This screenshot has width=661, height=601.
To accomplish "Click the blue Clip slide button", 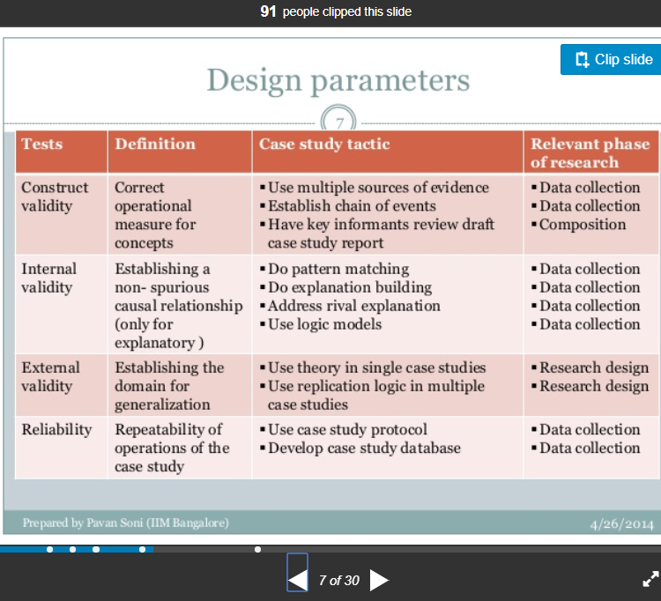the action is pyautogui.click(x=611, y=59).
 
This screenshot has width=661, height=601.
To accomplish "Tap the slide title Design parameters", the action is pyautogui.click(x=338, y=80).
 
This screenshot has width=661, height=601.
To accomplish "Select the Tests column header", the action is pyautogui.click(x=42, y=145).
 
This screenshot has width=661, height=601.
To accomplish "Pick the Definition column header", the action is pyautogui.click(x=155, y=145).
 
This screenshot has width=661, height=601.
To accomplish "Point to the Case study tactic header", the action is pyautogui.click(x=324, y=145).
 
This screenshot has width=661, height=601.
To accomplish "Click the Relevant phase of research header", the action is pyautogui.click(x=590, y=153).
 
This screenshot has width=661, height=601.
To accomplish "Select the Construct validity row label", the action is pyautogui.click(x=55, y=197).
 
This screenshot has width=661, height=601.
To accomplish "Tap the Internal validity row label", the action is pyautogui.click(x=48, y=278).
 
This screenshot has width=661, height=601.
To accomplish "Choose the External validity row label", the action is pyautogui.click(x=50, y=377).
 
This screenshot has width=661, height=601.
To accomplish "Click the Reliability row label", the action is pyautogui.click(x=56, y=429).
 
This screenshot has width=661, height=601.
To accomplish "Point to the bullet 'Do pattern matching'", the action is pyautogui.click(x=335, y=269).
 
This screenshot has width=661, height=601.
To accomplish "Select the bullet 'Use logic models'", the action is pyautogui.click(x=321, y=324).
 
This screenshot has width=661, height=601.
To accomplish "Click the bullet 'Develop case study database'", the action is pyautogui.click(x=360, y=448).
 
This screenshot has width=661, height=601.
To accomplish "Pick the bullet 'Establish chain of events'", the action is pyautogui.click(x=348, y=205).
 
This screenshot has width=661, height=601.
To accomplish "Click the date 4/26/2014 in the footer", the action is pyautogui.click(x=621, y=523).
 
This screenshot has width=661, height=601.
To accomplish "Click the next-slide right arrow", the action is pyautogui.click(x=379, y=581).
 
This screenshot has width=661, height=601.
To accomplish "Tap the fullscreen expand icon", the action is pyautogui.click(x=650, y=579).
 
